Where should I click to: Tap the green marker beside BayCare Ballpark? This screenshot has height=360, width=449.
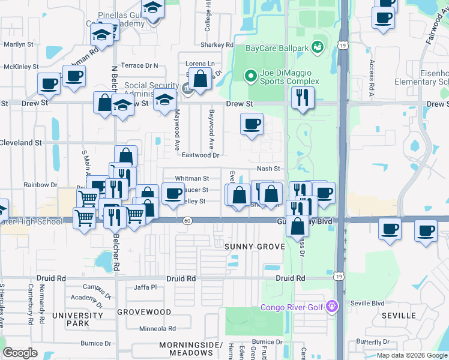(317, 46)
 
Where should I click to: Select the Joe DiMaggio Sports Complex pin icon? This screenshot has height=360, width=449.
(251, 75)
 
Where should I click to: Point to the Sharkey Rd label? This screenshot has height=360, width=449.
(217, 45)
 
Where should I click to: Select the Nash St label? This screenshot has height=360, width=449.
(268, 169)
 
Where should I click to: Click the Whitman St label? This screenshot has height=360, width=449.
(191, 179)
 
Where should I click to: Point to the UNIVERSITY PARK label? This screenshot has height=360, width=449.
(77, 319)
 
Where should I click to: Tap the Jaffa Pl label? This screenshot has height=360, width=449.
(145, 287)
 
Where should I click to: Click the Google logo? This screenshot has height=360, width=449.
(20, 353)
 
